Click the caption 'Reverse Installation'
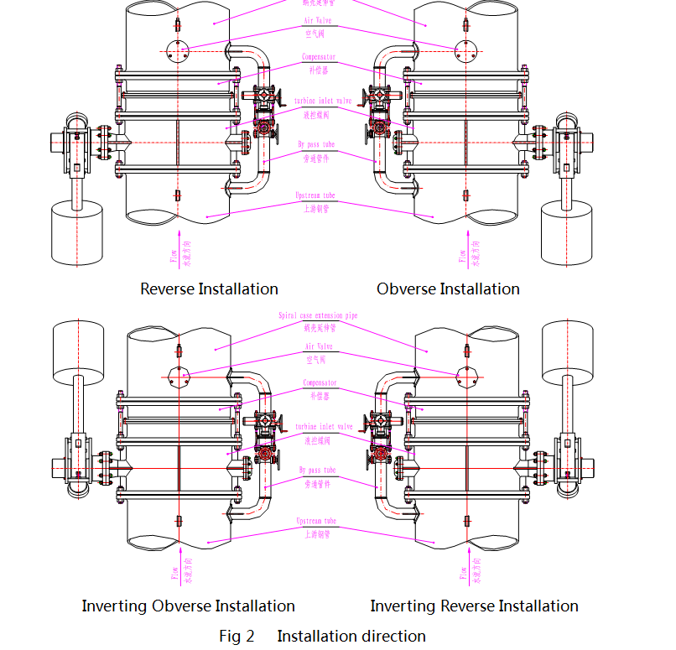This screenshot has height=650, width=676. pos(209,289)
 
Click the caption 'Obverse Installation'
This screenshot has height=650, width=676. pos(448,289)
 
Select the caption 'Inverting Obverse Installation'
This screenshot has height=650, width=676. pos(188,606)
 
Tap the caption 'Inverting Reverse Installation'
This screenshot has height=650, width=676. pos(474,606)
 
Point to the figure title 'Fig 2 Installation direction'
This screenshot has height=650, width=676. pos(322,636)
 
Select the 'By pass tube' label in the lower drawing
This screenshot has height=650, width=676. pos(317,471)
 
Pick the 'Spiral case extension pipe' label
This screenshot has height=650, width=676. pos(318,316)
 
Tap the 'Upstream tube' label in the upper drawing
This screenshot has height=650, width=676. pos(317,195)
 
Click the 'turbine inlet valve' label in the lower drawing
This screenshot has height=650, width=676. pos(323,427)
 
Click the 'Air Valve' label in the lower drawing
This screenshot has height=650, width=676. pos(318,346)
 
